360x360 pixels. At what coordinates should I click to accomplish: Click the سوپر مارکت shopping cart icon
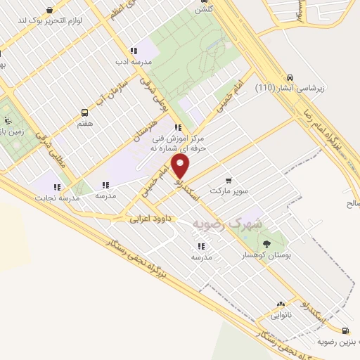click(x=227, y=180)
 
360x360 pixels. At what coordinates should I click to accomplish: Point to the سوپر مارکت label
click(x=228, y=191)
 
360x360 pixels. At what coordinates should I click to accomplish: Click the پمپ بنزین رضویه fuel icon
click(x=345, y=330)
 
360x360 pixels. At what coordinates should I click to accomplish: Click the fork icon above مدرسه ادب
click(x=134, y=50)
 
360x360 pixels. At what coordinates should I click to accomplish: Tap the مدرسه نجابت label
click(x=56, y=198)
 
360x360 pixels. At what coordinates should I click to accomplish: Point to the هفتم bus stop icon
click(x=85, y=112)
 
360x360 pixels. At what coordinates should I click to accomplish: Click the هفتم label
click(x=86, y=122)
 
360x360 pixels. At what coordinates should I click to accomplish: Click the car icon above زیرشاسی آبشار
click(x=290, y=77)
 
